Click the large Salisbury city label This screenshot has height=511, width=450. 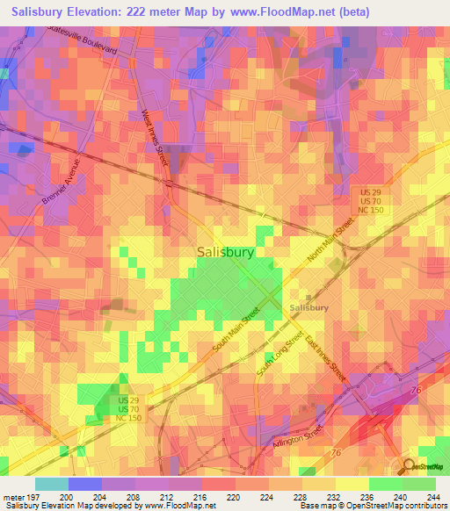(225, 252)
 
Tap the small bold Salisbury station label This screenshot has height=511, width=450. (310, 308)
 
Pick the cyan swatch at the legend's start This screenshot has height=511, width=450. (52, 484)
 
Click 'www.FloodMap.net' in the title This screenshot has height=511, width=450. (289, 12)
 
